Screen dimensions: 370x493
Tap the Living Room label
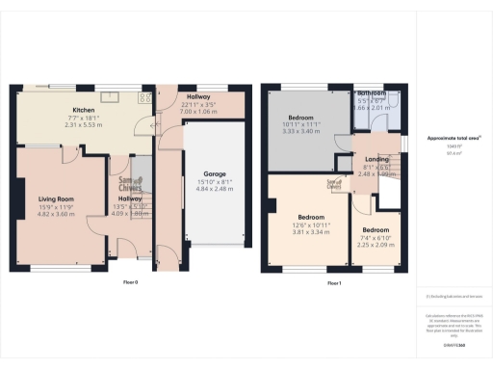click(56, 198)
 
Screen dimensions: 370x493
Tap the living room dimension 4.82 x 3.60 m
click(56, 213)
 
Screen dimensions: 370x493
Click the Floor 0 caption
click(131, 283)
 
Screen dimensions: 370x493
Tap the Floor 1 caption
click(335, 283)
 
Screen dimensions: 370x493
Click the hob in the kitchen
click(147, 96)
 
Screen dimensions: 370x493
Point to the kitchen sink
click(112, 94)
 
